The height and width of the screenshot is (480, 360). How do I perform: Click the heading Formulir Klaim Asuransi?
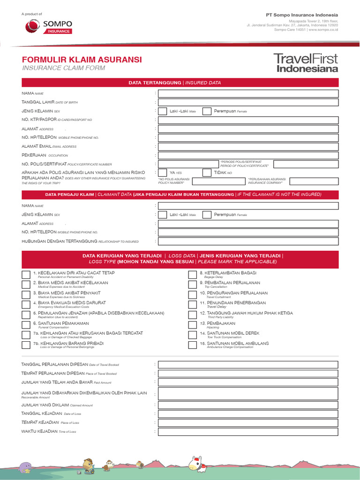click(82, 60)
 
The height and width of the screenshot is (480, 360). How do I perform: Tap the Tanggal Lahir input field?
click(248, 102)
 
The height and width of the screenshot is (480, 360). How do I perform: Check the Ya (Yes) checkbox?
click(162, 172)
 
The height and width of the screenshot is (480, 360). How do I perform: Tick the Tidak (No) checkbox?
click(207, 172)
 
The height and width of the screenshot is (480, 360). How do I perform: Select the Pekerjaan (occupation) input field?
click(248, 155)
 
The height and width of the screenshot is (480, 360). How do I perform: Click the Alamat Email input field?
click(248, 146)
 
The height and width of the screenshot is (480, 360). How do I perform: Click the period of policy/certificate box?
click(306, 164)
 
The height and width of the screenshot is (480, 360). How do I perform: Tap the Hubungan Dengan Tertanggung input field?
click(248, 241)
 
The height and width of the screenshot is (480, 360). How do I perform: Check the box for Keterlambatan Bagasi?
click(192, 275)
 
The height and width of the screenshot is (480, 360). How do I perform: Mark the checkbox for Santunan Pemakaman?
click(26, 325)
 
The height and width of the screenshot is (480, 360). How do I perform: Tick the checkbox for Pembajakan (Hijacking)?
click(192, 325)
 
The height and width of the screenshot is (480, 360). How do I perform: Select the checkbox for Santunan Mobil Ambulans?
click(192, 345)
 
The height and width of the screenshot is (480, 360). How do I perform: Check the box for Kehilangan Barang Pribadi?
click(26, 345)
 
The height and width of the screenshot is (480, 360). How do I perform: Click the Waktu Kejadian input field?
click(248, 431)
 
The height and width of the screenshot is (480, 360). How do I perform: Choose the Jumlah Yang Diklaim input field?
click(248, 405)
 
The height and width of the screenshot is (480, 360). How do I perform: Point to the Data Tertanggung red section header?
click(180, 82)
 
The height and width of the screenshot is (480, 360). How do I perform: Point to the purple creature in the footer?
click(25, 467)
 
